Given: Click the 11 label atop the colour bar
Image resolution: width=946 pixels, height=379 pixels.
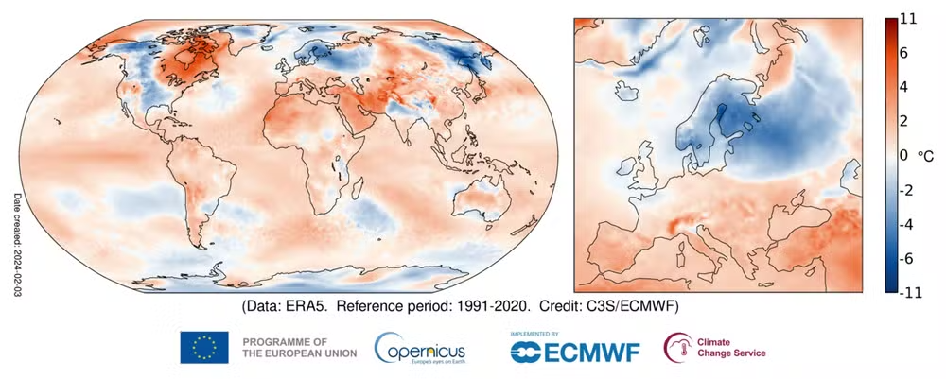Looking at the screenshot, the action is tap(908, 19).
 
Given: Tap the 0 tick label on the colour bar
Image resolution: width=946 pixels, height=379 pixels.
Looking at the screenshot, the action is tap(904, 155).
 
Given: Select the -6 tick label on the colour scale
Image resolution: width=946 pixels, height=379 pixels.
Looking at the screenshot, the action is tap(908, 259).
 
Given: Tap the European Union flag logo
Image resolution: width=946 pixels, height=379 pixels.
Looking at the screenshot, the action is tap(204, 347).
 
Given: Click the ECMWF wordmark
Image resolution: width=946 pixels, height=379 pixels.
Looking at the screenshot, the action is tap(575, 352).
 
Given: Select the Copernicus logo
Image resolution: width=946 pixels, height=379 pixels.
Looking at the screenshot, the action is tap(420, 348).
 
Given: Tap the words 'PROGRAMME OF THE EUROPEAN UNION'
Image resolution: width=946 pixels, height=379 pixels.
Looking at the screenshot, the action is tap(299, 347).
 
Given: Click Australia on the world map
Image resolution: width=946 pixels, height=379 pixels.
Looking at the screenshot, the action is tap(482, 201).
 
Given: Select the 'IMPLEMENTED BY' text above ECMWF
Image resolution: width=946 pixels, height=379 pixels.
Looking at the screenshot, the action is tap(534, 334).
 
